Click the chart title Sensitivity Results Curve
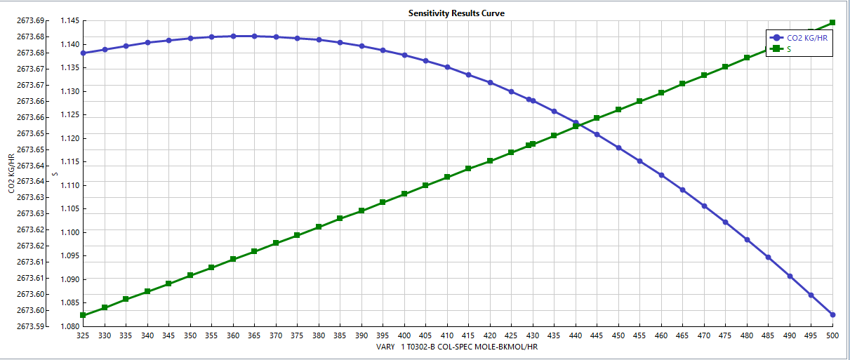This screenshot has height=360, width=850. point(456,13)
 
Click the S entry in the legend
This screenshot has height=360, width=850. point(790,49)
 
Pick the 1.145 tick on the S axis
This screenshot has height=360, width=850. point(69,20)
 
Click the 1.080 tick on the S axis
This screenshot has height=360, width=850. point(69,326)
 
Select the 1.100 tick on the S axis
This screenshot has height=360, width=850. point(69,232)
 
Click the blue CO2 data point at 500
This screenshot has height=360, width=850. point(832,314)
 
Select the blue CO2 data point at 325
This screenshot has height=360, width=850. point(83,53)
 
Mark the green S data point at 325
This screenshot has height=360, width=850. point(83,315)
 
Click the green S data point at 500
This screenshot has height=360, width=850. point(832,22)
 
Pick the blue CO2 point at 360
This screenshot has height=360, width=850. point(233,36)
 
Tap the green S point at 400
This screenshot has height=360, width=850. point(404,194)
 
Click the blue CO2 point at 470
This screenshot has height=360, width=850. point(704,206)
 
